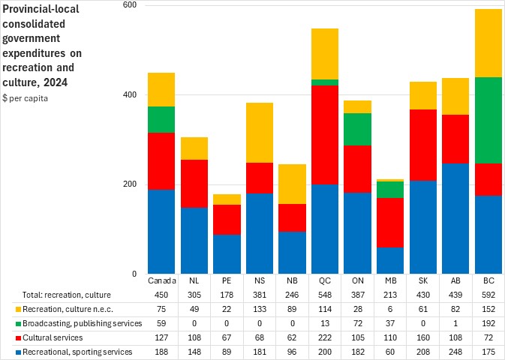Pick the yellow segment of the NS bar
pyautogui.click(x=260, y=133)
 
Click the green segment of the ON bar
pyautogui.click(x=358, y=129)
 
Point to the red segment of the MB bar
pyautogui.click(x=390, y=222)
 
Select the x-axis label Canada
pyautogui.click(x=161, y=280)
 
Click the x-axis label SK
pyautogui.click(x=422, y=280)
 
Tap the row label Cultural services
pyautogui.click(x=44, y=337)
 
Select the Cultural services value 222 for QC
pyautogui.click(x=325, y=337)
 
